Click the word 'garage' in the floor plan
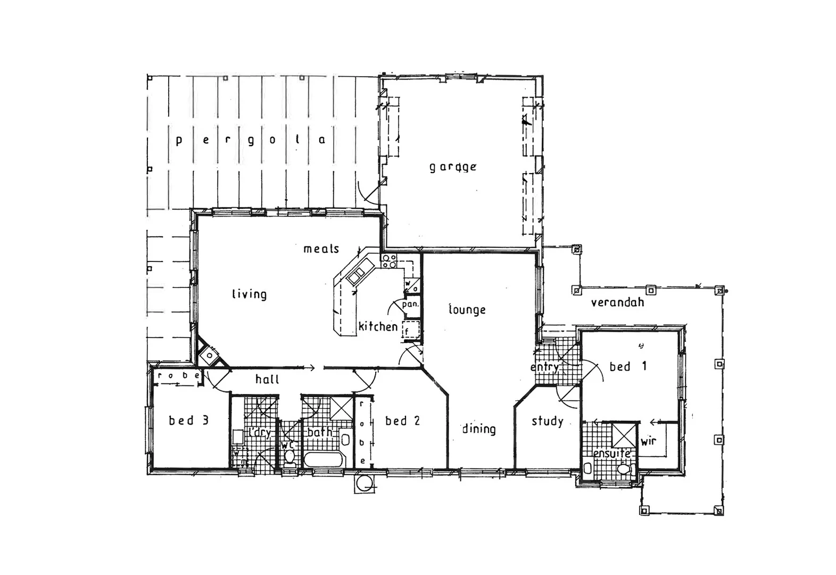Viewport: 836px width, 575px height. tap(453, 167)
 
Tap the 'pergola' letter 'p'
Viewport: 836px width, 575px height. tap(179, 141)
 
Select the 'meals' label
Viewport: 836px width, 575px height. tap(321, 249)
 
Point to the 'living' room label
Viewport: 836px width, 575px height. tap(249, 294)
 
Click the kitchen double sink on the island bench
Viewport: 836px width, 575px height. tap(355, 275)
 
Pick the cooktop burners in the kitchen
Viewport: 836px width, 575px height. tap(389, 261)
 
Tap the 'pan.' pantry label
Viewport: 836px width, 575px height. tap(410, 305)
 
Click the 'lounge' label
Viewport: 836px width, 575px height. tap(467, 309)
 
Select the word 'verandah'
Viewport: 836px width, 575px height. tap(617, 302)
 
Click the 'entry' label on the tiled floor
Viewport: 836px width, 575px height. tap(544, 367)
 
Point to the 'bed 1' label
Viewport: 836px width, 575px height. tap(628, 366)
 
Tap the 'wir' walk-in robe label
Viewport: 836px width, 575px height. tap(648, 441)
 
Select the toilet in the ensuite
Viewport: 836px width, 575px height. tap(625, 470)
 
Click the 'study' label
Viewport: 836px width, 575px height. tap(547, 421)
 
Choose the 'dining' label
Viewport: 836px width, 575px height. tap(478, 429)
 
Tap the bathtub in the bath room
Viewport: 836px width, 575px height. tap(324, 461)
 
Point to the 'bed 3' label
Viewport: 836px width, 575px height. tap(188, 421)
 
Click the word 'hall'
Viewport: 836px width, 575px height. tap(267, 379)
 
